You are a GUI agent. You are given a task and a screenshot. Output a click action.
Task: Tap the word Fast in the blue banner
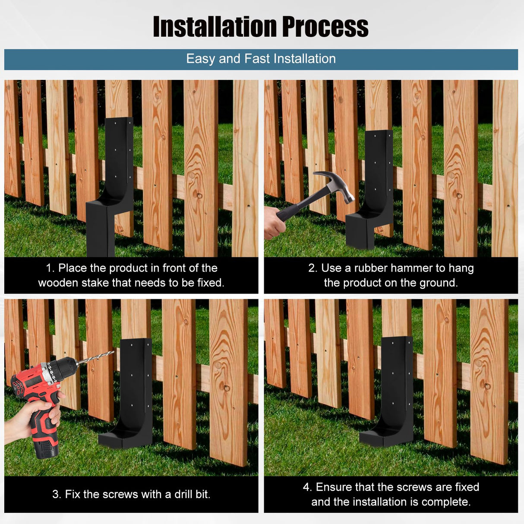click(257, 59)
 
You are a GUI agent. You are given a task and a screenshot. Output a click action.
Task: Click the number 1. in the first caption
click(51, 268)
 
